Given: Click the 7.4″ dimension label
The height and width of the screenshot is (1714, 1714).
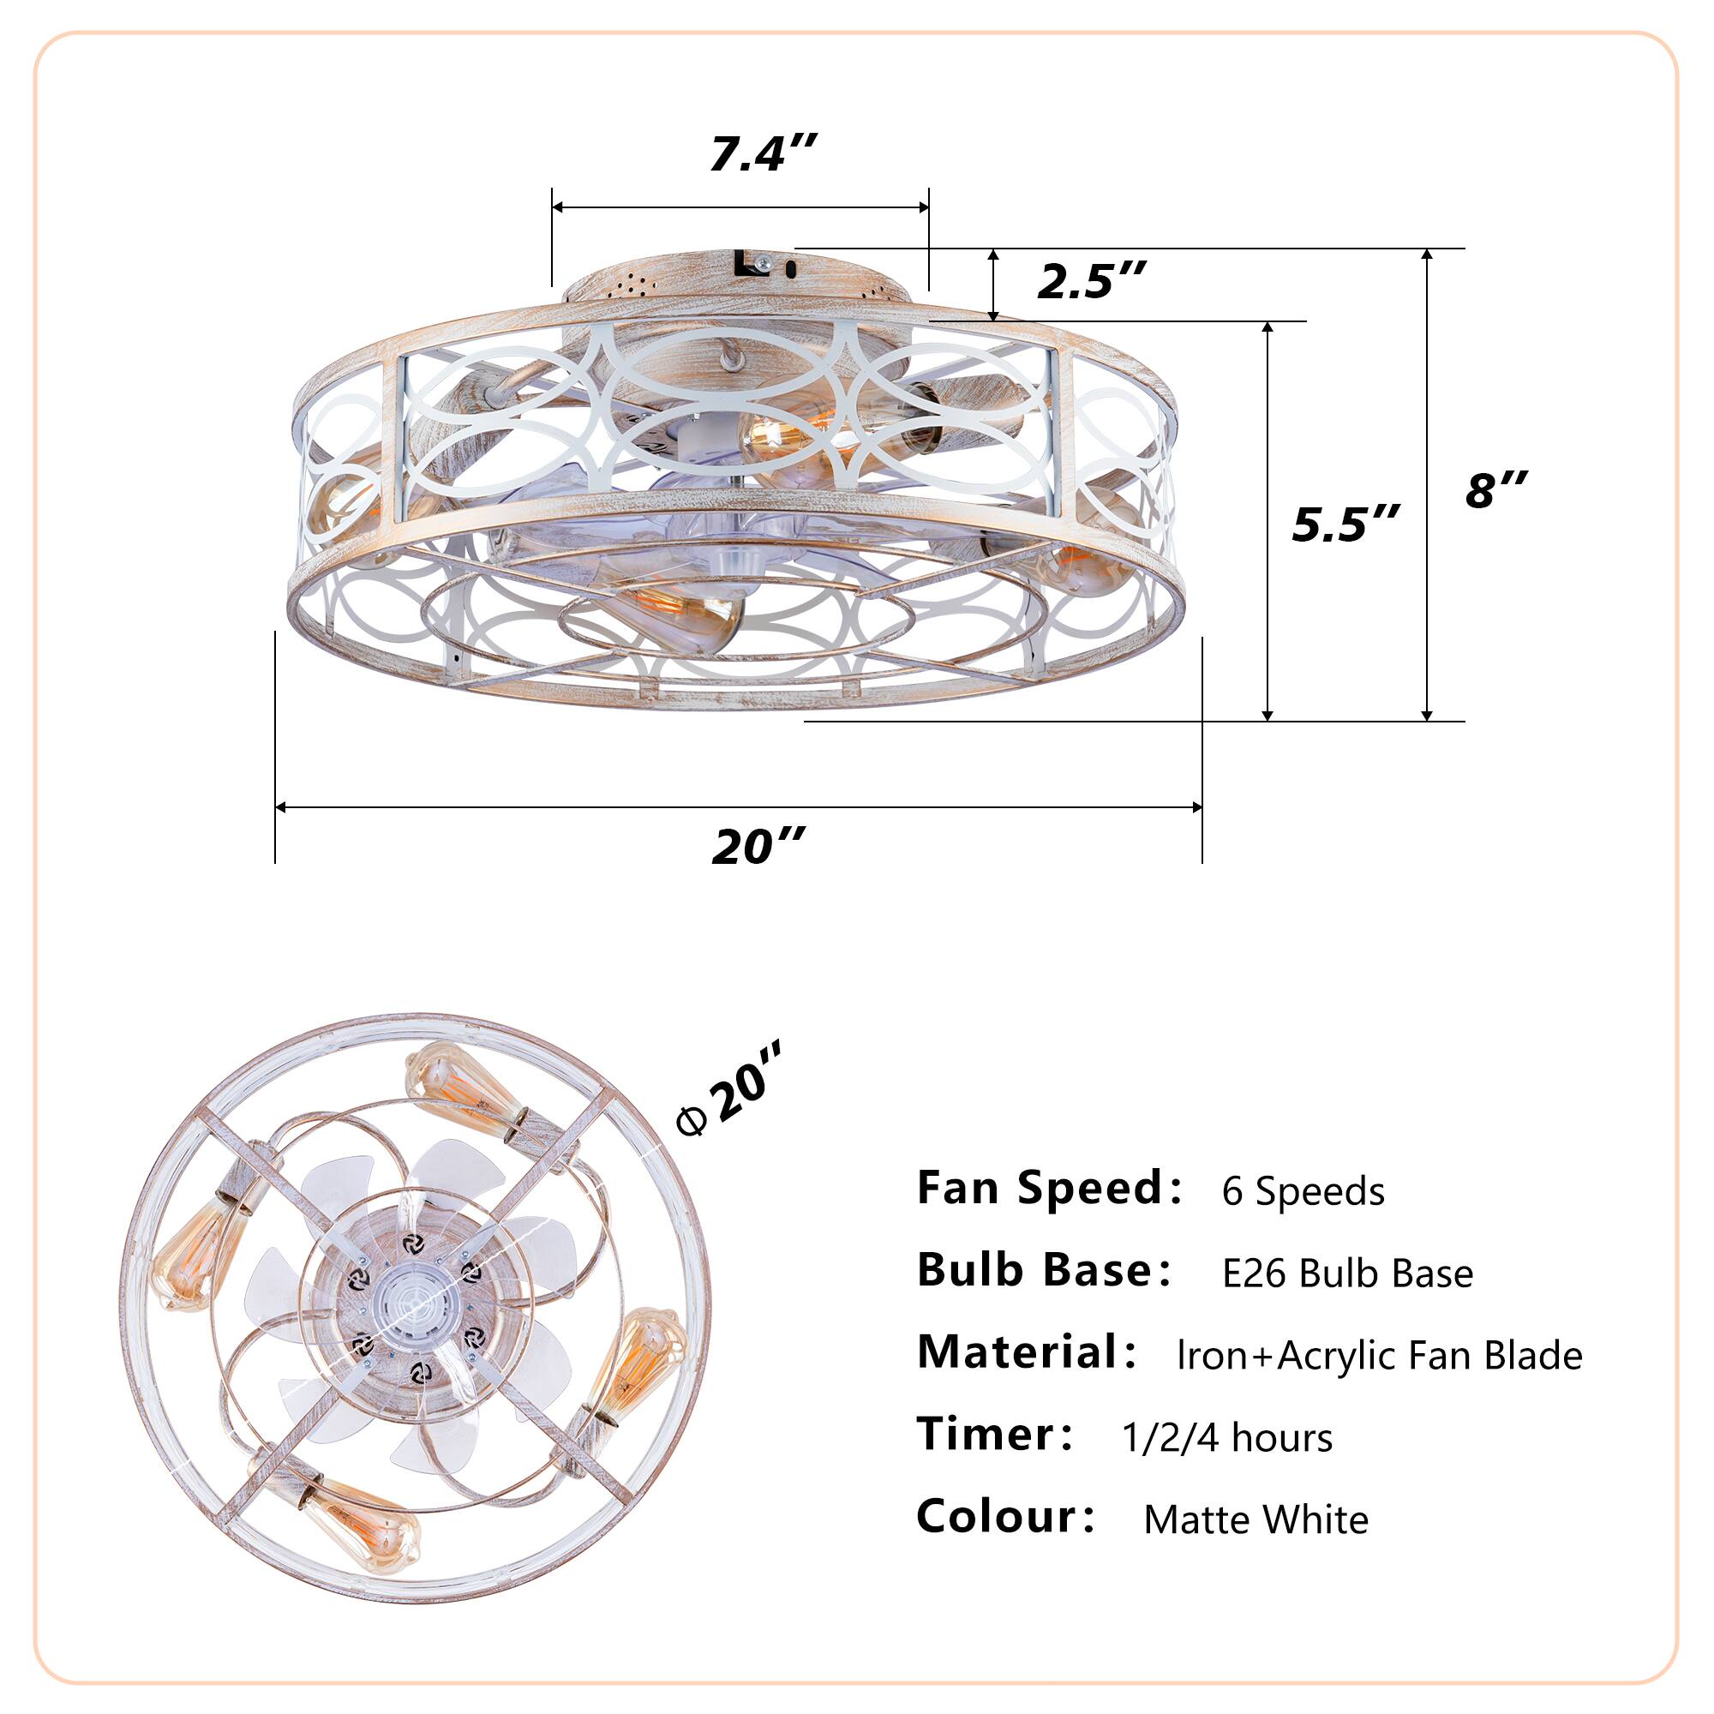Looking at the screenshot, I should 761,154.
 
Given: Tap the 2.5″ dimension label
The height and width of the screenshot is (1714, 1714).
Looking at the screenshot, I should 1091,281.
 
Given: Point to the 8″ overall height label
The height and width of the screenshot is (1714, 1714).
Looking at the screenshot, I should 1495,489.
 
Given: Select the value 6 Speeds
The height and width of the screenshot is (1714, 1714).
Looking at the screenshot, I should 1303,1190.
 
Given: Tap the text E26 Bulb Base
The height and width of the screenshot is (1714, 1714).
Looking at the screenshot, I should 1346,1274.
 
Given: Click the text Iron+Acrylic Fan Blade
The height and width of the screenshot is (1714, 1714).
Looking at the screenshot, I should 1379,1356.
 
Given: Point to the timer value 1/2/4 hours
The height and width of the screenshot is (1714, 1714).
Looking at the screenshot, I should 1226,1437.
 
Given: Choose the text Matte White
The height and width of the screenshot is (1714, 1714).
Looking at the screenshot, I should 1256,1519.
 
